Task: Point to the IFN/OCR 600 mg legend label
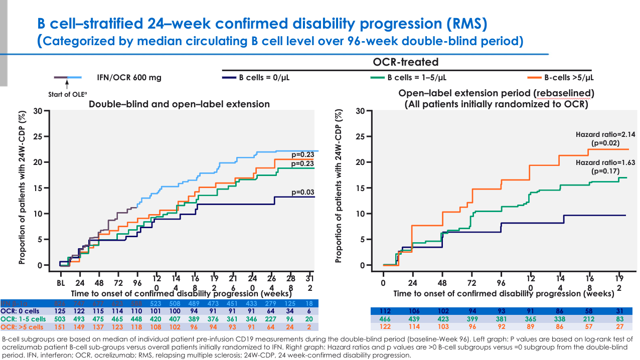point(129,78)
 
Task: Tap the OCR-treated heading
point(405,62)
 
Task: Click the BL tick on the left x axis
point(61,282)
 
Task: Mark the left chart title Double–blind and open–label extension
point(179,104)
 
